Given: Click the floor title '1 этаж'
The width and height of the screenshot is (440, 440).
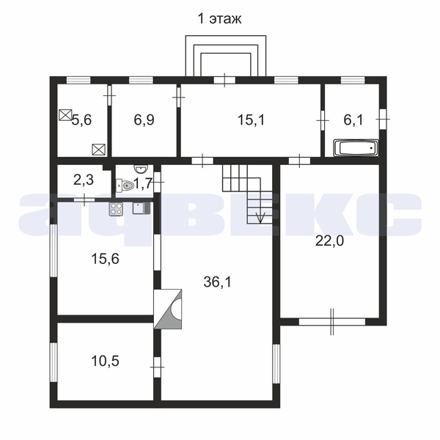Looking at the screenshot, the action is [x=219, y=19].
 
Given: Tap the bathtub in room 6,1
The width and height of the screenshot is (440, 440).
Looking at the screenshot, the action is [x=356, y=147].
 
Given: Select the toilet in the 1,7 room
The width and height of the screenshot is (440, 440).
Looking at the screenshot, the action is [x=125, y=186].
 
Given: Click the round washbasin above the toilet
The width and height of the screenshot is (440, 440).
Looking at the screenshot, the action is [x=141, y=169].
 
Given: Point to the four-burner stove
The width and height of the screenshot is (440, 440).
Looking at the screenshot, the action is [x=116, y=209].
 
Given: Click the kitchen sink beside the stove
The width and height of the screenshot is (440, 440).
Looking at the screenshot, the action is [x=142, y=208].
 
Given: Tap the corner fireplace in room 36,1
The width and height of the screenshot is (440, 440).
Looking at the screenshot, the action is [x=168, y=309].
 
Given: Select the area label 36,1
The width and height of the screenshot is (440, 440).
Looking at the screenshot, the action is [x=218, y=282].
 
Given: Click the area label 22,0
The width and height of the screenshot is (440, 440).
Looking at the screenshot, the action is [x=329, y=241].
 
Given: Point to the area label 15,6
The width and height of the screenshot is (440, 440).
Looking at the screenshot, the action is [x=105, y=259].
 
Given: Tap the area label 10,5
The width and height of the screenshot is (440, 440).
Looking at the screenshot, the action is [x=105, y=361].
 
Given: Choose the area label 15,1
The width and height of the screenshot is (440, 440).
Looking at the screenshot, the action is [x=251, y=120].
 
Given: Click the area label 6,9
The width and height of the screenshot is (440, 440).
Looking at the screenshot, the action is [x=144, y=120].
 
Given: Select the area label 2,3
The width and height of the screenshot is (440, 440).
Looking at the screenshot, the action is [x=84, y=180].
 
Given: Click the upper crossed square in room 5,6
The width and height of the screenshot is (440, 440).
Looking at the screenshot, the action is [x=66, y=115].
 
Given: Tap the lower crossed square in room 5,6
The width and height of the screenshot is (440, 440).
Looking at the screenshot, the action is [x=99, y=150].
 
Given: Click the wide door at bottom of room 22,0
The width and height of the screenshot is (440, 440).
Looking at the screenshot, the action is [x=332, y=322].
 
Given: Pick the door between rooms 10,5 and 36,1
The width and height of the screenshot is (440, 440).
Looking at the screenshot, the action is [x=158, y=367].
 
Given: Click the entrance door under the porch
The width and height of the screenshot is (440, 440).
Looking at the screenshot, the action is [x=224, y=80].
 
